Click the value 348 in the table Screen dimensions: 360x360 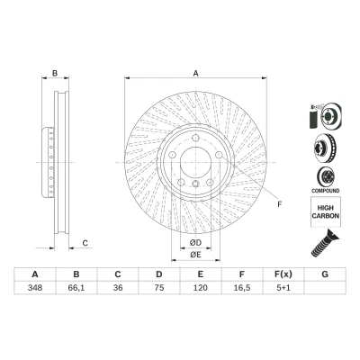[35, 288]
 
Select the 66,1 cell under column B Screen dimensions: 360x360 [76, 288]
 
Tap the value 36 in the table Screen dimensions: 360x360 [118, 288]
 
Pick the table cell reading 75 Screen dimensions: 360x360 [159, 288]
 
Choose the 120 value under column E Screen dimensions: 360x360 [201, 288]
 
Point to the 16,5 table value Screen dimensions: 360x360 [242, 288]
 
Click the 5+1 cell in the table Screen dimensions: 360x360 [283, 288]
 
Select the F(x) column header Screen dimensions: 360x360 [283, 274]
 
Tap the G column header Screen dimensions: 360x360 [325, 274]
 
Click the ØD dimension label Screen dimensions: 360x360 [195, 242]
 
